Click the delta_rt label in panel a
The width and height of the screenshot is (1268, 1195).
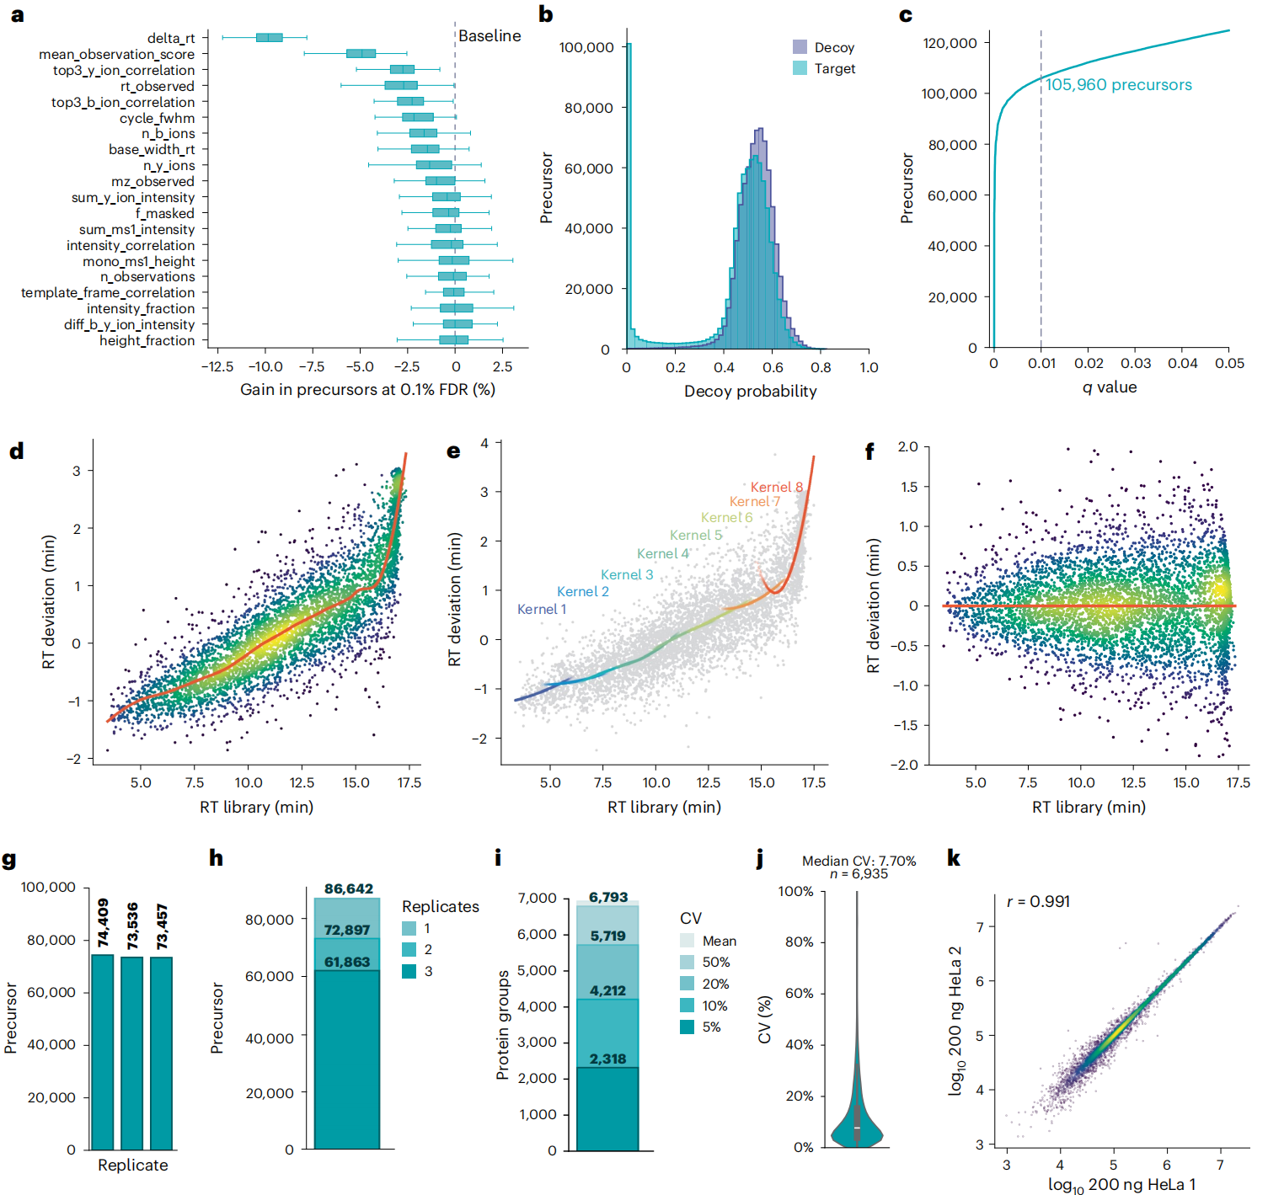tap(170, 38)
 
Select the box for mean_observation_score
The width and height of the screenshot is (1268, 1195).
tap(361, 54)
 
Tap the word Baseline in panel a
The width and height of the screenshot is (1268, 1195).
tap(490, 35)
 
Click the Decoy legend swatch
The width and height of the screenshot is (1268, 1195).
tap(800, 47)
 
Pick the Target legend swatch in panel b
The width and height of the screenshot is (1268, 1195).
tap(800, 68)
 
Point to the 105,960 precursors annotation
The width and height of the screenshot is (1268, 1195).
tap(1118, 85)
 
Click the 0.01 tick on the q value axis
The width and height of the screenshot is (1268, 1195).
tap(1041, 363)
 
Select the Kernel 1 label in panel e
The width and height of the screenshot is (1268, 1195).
tap(541, 609)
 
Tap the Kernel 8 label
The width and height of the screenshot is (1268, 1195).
tap(776, 487)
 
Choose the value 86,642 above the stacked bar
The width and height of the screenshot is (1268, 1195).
tap(348, 888)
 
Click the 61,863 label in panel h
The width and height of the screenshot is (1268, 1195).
tap(347, 962)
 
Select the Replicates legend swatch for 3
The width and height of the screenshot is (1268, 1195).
tap(409, 971)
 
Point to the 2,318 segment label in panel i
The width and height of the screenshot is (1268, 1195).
tap(607, 1059)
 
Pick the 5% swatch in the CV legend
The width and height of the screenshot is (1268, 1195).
tap(687, 1027)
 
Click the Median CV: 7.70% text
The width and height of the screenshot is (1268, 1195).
tap(859, 861)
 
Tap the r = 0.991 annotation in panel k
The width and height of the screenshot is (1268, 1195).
tap(1038, 901)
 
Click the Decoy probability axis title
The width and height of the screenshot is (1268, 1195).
tap(750, 391)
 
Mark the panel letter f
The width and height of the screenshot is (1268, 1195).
tap(869, 451)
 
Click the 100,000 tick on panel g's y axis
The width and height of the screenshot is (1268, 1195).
tap(48, 887)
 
